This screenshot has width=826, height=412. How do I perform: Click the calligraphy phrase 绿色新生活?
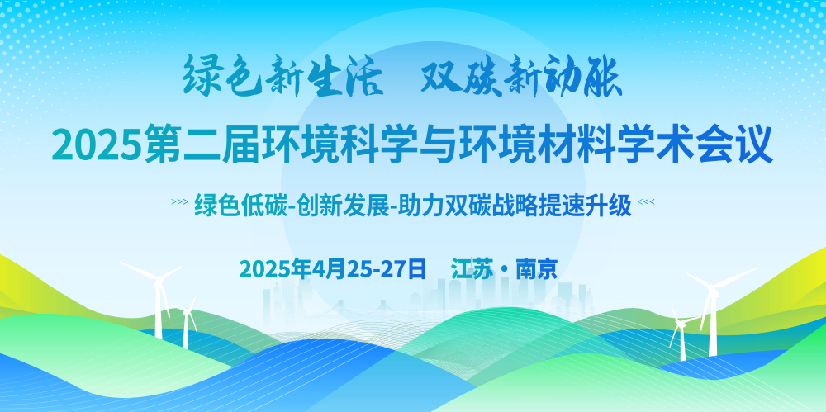[x=282, y=77]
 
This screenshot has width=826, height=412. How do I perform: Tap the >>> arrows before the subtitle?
[x=179, y=201]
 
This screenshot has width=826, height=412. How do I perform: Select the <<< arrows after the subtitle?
[x=646, y=201]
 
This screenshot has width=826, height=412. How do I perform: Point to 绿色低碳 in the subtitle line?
[x=240, y=206]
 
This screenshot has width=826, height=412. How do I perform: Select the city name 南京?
[x=536, y=269]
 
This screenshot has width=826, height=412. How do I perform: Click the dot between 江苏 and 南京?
[x=504, y=270]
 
